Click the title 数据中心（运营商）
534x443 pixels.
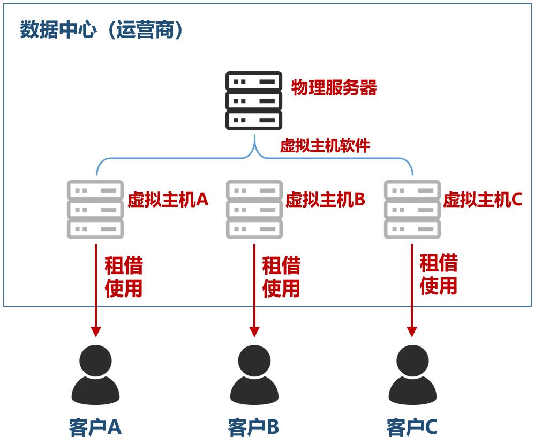coord(102,30)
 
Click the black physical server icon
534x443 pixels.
coord(253,101)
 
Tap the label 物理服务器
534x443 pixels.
coord(334,88)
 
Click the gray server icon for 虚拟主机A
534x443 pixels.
coord(95,210)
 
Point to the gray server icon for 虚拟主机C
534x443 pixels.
coord(412,210)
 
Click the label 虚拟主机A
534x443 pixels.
coord(168,200)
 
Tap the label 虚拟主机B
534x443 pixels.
coord(325,200)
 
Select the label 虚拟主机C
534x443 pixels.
coord(483,200)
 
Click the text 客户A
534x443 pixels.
coord(95,427)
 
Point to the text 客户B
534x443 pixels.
coord(253,427)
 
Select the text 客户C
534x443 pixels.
coord(412,427)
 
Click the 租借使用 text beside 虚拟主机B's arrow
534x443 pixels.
coord(281,277)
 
